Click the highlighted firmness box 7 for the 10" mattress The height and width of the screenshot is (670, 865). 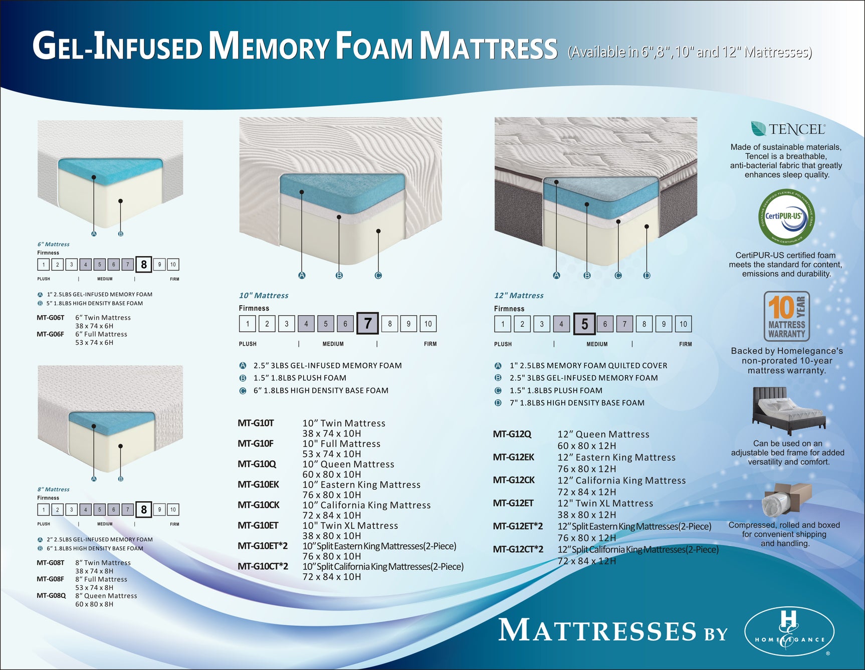367,323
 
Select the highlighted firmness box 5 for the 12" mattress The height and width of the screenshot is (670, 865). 584,324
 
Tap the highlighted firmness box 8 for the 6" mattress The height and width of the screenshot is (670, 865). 144,264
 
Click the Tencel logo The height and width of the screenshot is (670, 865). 787,129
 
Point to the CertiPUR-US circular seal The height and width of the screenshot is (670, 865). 786,216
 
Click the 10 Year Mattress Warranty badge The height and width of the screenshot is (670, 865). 786,316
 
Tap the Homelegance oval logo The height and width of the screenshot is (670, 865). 789,631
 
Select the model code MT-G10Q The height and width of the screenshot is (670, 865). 257,464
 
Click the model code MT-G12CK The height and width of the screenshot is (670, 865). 514,480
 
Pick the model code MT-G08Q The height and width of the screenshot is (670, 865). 51,595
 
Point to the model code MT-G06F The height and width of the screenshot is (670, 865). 50,334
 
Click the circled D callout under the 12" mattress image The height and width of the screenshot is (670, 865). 646,275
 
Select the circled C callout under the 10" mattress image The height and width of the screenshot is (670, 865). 378,275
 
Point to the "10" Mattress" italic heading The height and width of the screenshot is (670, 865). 264,296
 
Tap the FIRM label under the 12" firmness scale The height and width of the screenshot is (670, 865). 685,344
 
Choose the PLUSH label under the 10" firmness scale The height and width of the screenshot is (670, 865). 248,344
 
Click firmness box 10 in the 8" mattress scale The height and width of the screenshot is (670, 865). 173,510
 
